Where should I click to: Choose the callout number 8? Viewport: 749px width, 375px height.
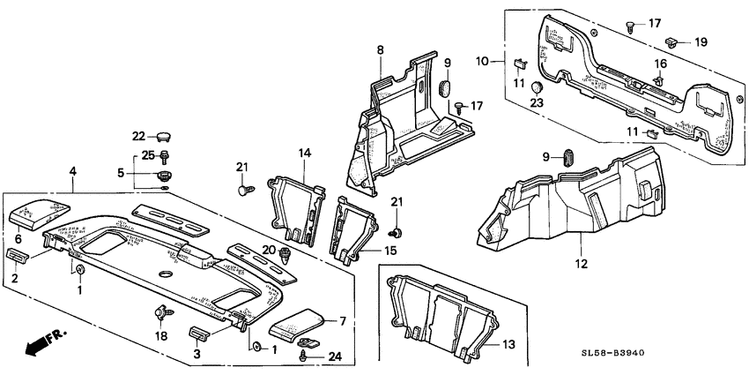coord(381,49)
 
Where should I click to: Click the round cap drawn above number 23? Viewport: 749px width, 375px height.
coord(536,86)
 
